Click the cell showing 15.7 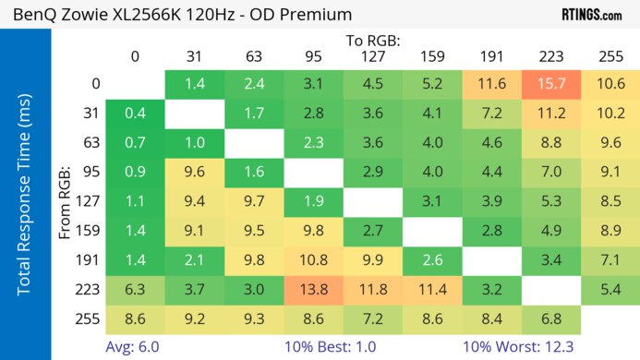coord(550,84)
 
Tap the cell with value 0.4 coord(135,114)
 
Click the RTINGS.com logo coord(592,14)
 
